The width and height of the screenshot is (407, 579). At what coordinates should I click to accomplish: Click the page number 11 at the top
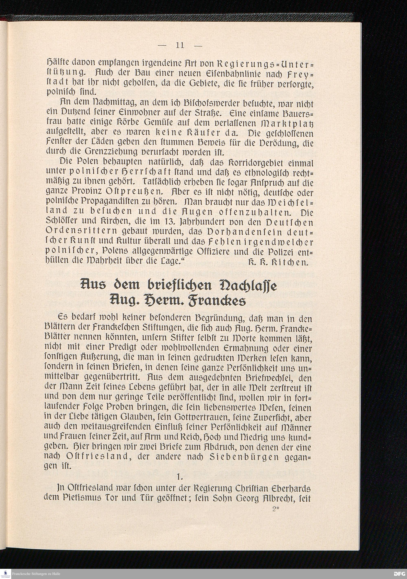[x=180, y=45]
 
